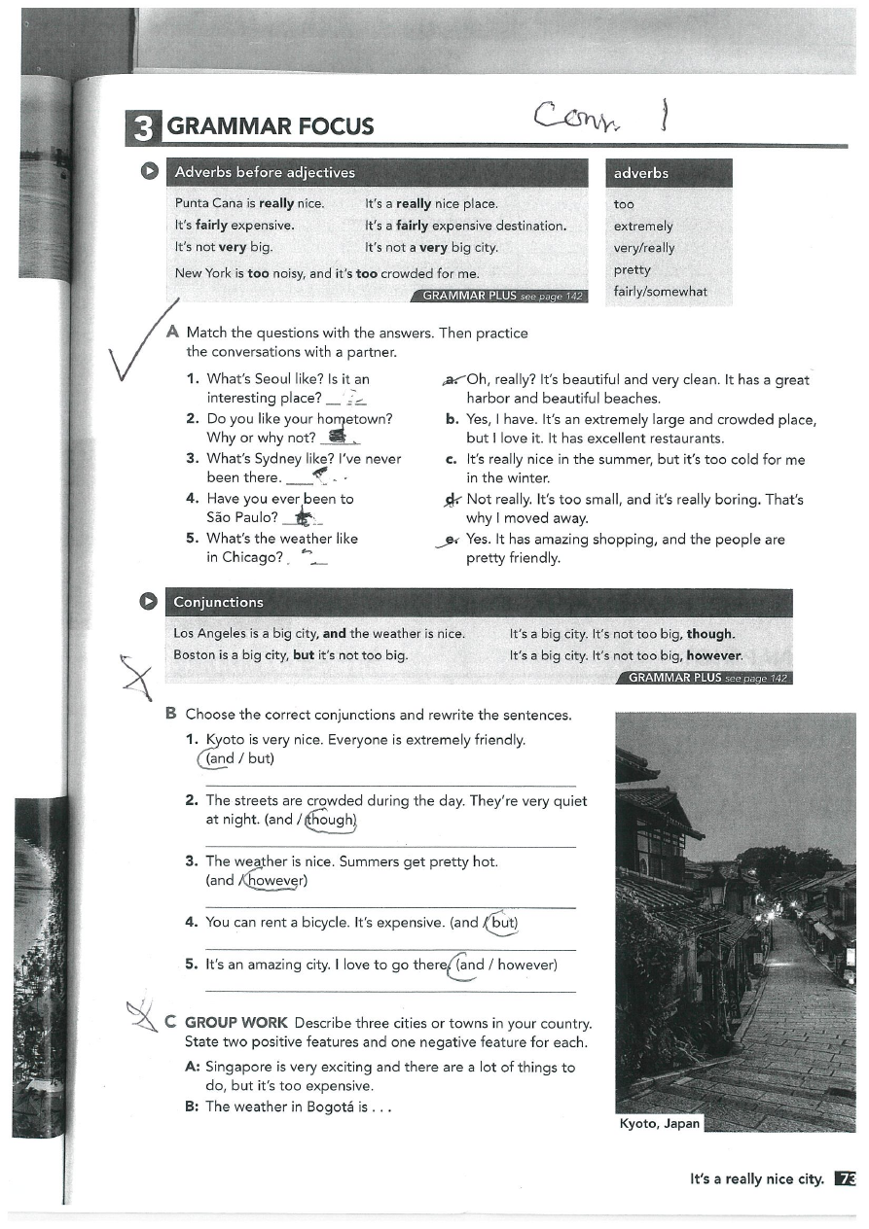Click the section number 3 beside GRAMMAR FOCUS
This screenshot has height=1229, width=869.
[143, 126]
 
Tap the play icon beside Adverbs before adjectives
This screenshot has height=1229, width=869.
[151, 171]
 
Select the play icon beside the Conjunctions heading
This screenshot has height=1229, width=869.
[151, 601]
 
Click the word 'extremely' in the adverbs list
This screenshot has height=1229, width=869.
[643, 226]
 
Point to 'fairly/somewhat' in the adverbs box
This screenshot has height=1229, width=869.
[660, 291]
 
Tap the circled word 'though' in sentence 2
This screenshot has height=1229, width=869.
[332, 820]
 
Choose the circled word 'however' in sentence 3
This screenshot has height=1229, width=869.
[276, 881]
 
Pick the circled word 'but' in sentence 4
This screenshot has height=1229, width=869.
[502, 922]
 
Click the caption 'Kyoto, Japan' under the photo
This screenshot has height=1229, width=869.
[659, 1123]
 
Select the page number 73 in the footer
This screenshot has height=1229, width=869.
[846, 1178]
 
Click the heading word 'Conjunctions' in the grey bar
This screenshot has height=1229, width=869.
[218, 602]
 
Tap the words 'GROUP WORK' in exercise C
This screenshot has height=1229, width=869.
[235, 1023]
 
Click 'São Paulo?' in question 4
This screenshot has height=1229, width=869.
[242, 517]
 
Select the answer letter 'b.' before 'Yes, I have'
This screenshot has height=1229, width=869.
[453, 419]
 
